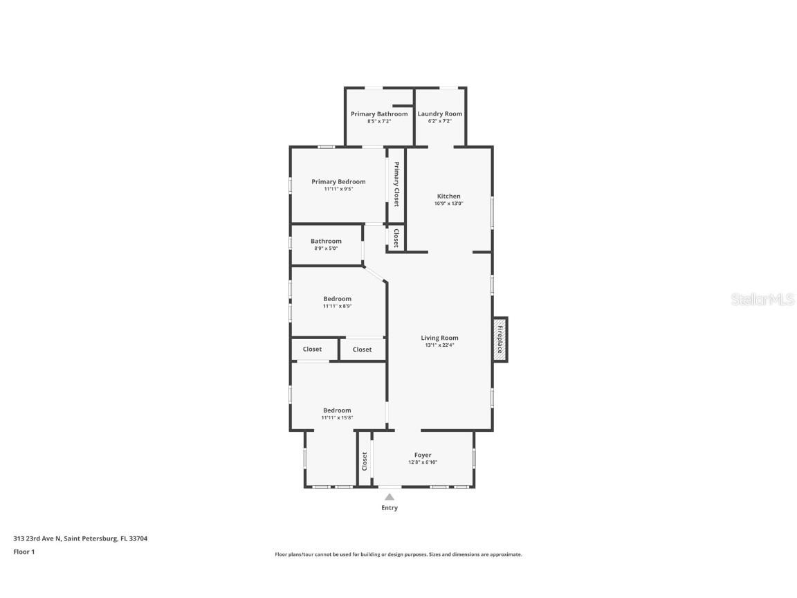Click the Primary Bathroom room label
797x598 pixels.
click(x=379, y=114)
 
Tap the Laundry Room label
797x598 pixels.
click(x=440, y=114)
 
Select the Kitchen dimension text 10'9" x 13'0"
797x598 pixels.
click(x=448, y=203)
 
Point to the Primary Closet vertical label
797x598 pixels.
click(x=396, y=184)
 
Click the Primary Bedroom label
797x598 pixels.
click(x=338, y=181)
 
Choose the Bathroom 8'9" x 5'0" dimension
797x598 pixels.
click(x=326, y=248)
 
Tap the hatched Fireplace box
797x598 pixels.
click(x=500, y=339)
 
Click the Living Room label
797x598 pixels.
click(x=440, y=338)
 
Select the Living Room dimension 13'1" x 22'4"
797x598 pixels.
click(x=440, y=345)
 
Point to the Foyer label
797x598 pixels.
click(x=423, y=455)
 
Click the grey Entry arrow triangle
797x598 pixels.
click(x=390, y=496)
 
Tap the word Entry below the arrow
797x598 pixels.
click(x=390, y=508)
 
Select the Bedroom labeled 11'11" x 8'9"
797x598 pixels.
click(x=338, y=299)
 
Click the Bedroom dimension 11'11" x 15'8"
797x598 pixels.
click(x=337, y=417)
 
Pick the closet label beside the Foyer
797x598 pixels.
click(x=365, y=460)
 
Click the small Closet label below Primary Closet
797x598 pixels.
click(x=396, y=238)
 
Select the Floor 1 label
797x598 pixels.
click(x=24, y=552)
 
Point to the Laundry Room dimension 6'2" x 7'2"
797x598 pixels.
click(x=440, y=121)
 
